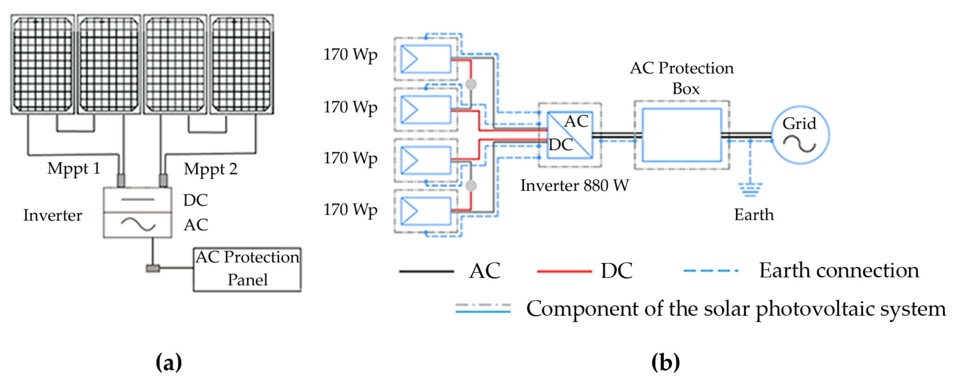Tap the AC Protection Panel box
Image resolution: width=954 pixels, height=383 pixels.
(247, 269)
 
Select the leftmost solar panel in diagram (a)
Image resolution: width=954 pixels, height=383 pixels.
(43, 64)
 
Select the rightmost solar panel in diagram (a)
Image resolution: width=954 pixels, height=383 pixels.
(242, 64)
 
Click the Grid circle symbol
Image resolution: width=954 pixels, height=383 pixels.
(800, 135)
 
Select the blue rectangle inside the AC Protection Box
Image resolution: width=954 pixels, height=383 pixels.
(681, 135)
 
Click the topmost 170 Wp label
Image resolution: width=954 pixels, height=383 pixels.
(350, 55)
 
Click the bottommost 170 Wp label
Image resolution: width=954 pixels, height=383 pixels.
(350, 210)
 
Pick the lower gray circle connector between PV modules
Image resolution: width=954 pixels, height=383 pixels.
(471, 186)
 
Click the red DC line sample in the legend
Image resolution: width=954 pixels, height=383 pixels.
(564, 271)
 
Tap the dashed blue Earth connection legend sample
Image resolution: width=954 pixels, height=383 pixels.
(711, 271)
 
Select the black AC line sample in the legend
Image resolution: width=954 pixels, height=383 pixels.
(426, 271)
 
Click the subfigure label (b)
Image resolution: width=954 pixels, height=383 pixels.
(665, 362)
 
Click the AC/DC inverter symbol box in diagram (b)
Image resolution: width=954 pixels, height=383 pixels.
(570, 135)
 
